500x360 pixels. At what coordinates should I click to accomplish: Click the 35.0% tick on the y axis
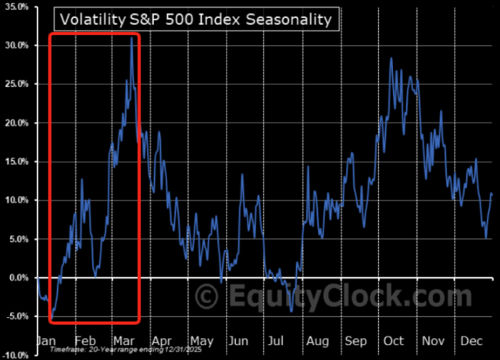[x=16, y=7]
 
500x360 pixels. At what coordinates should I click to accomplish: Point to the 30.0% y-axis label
[x=16, y=45]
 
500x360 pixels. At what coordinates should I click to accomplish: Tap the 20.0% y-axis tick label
[x=16, y=123]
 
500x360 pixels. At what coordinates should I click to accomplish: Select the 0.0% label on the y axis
[x=17, y=277]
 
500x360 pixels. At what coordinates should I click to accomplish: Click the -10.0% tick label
[x=15, y=354]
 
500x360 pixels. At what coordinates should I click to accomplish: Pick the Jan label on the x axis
[x=47, y=340]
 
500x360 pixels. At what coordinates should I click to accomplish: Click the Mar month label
[x=123, y=340]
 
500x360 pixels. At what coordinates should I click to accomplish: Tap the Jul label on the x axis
[x=276, y=340]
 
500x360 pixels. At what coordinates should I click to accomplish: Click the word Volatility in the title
[x=91, y=18]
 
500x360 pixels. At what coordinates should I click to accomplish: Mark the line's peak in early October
[x=391, y=59]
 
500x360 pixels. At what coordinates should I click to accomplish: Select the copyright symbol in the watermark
[x=207, y=298]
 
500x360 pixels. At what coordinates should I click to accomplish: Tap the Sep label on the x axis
[x=355, y=340]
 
